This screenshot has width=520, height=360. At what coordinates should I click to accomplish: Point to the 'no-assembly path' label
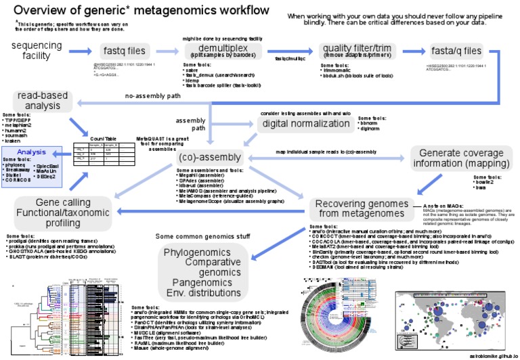[153, 96]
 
